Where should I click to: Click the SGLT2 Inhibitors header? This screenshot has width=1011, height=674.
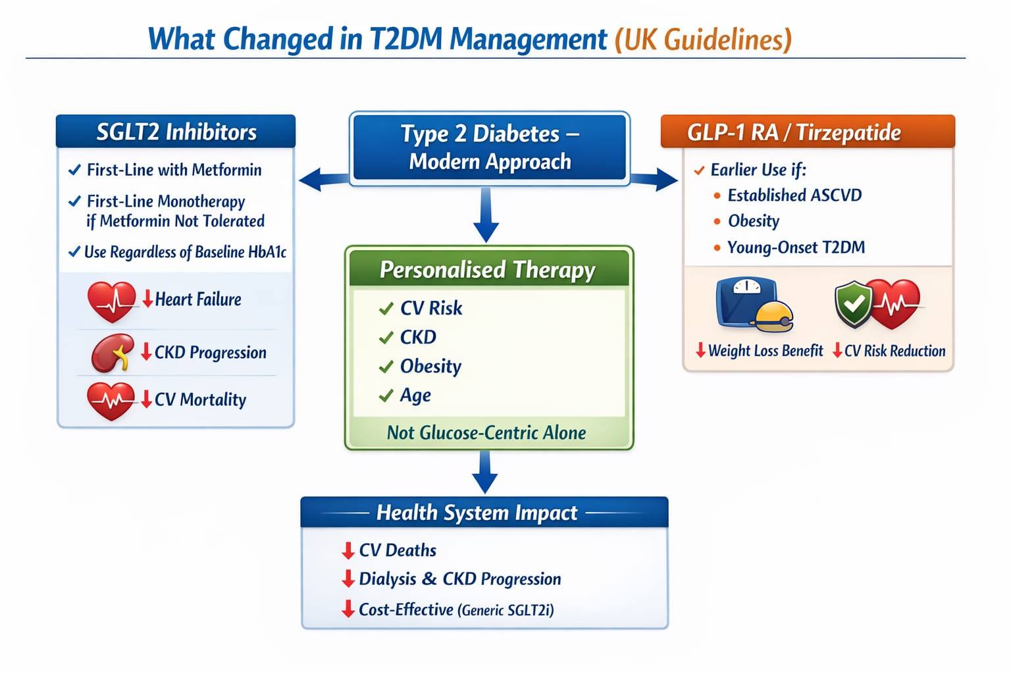(x=176, y=132)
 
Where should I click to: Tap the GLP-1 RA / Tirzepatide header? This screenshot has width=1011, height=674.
(x=808, y=132)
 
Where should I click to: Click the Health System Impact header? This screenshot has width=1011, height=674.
(x=484, y=512)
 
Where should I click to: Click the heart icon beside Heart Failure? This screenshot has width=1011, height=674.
(x=111, y=301)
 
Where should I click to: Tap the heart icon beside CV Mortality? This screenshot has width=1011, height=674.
(x=111, y=401)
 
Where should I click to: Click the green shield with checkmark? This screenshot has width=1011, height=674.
(x=853, y=304)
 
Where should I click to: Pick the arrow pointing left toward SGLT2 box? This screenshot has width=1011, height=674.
(x=323, y=179)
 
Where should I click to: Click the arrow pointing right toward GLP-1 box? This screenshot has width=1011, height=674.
(x=654, y=179)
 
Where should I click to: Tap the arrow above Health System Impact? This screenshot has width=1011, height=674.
(x=485, y=472)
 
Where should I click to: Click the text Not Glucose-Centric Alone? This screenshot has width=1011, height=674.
(x=486, y=432)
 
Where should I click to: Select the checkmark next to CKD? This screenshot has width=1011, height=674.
(x=386, y=338)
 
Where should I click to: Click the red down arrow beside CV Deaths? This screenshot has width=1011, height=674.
(x=348, y=551)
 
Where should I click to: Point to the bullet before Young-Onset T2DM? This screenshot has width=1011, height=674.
(x=717, y=247)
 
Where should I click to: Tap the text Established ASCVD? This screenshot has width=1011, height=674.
(x=795, y=195)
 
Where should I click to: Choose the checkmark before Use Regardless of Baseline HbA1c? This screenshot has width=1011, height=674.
(x=74, y=251)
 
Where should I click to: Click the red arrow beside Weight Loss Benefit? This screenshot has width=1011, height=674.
(x=700, y=350)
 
